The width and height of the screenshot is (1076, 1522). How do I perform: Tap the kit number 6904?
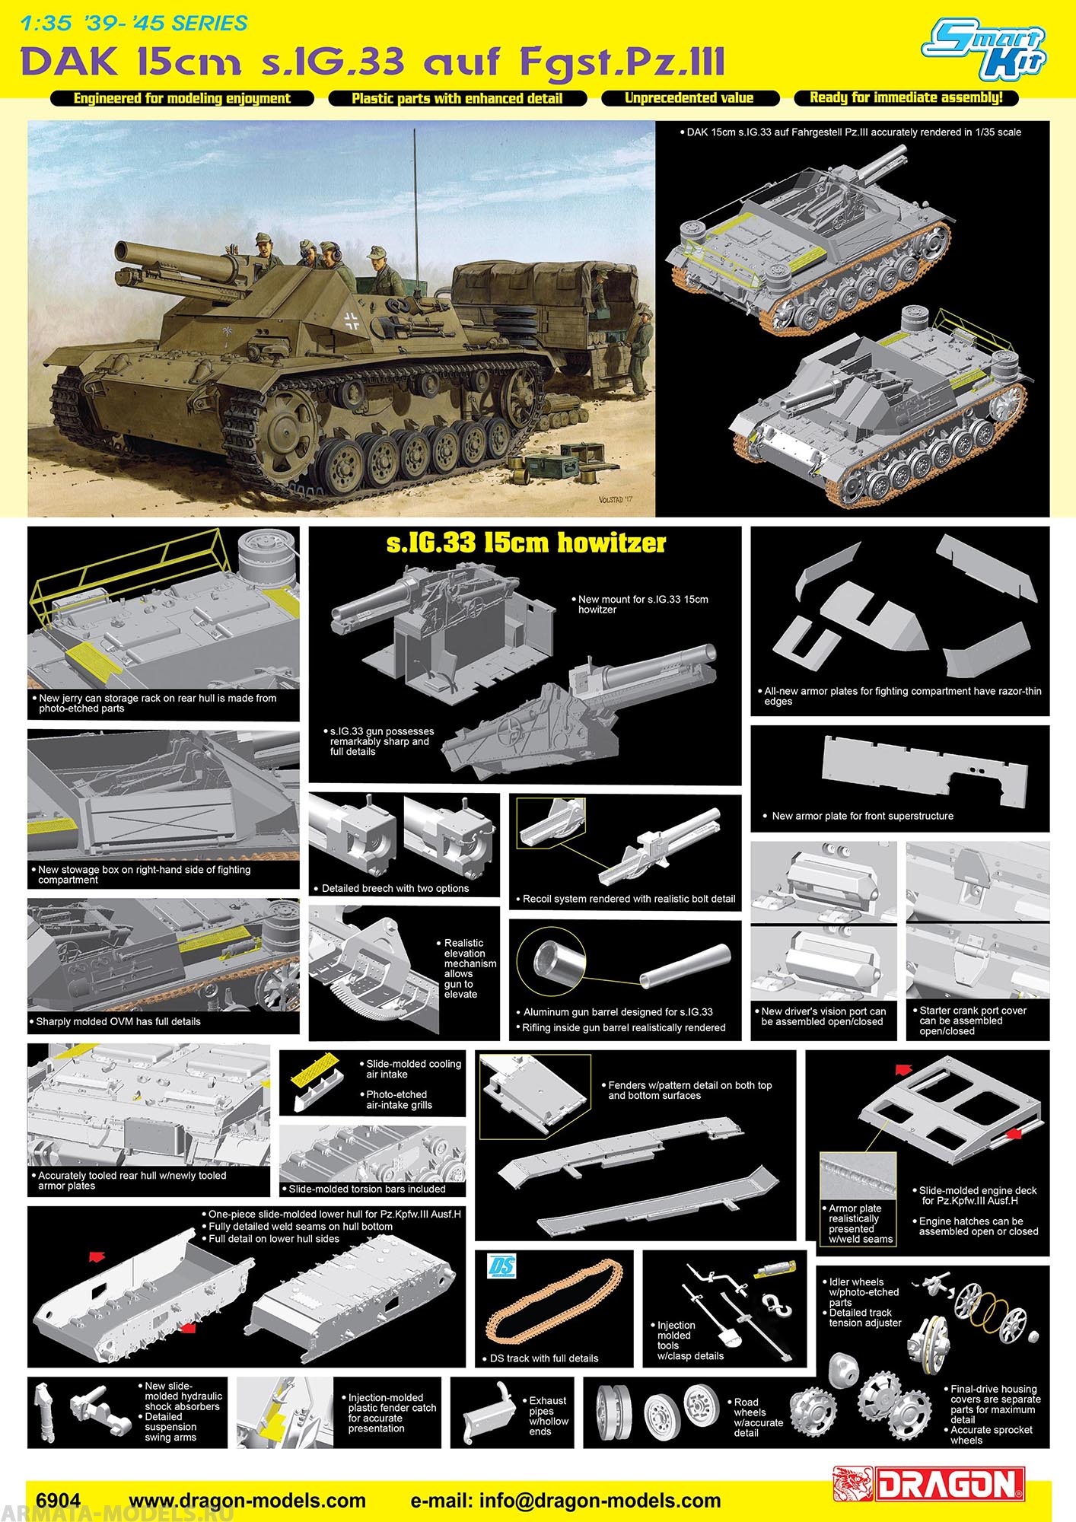click(58, 1501)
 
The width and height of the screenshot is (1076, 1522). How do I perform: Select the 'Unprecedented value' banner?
click(689, 98)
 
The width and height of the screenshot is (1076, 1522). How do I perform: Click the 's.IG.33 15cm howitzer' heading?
click(526, 543)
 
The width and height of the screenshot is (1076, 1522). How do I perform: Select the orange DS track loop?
click(554, 1303)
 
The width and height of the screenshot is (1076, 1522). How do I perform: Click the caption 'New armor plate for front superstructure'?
click(862, 816)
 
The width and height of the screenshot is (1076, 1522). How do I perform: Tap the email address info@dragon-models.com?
click(565, 1501)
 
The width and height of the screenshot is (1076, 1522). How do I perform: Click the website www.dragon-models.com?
click(247, 1501)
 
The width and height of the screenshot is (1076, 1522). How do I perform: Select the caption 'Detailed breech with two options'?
click(395, 888)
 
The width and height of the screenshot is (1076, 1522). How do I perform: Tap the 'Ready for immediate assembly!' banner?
click(906, 97)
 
